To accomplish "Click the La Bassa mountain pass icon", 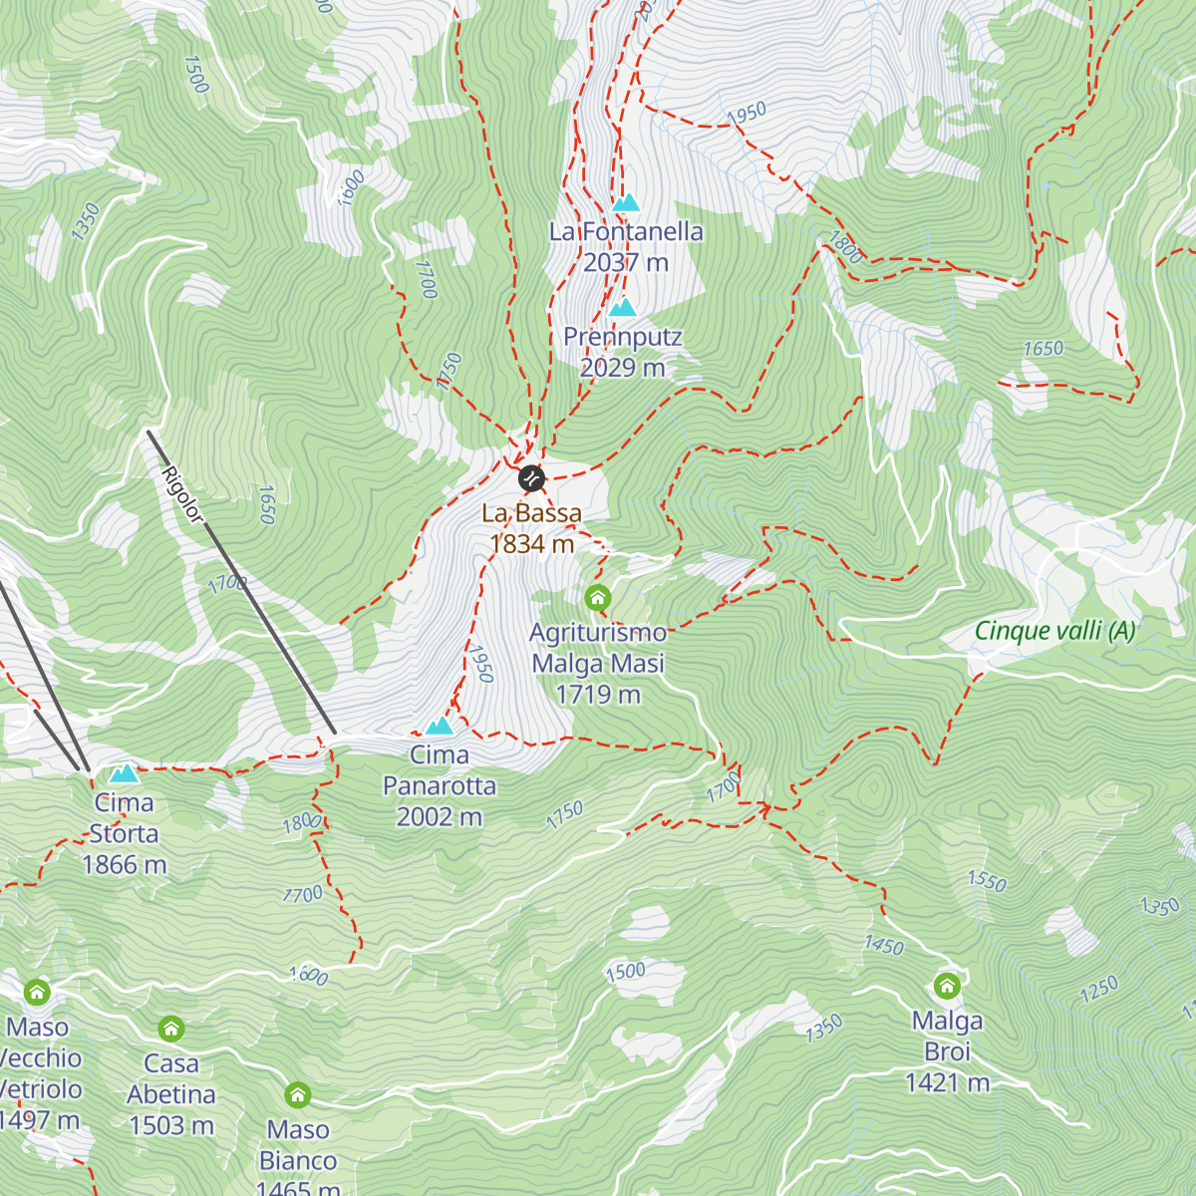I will tap(531, 478).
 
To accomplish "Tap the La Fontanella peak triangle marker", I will tap(625, 203).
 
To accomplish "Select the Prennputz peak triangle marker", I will tap(622, 307).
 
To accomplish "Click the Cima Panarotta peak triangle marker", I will tap(439, 727).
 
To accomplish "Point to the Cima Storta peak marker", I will tap(124, 773).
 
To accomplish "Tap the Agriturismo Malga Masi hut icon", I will tap(597, 598).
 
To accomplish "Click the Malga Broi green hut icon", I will tap(947, 987).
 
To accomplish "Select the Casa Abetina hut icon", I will tap(171, 1029).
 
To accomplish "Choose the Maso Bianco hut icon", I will tap(297, 1095).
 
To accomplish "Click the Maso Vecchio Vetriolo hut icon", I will tap(37, 992).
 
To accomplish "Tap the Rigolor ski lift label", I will tap(182, 493).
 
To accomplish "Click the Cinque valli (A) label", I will tap(1054, 631).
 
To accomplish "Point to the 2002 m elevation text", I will tap(440, 817).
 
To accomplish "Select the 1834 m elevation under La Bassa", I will tap(532, 544).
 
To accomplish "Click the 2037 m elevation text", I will tap(626, 262).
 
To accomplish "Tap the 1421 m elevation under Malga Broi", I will tap(947, 1082).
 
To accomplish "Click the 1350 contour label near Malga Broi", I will tap(824, 1029).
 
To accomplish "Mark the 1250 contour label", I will tap(1099, 990).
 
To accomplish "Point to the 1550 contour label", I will tap(987, 881).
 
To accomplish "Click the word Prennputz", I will tap(623, 337).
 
